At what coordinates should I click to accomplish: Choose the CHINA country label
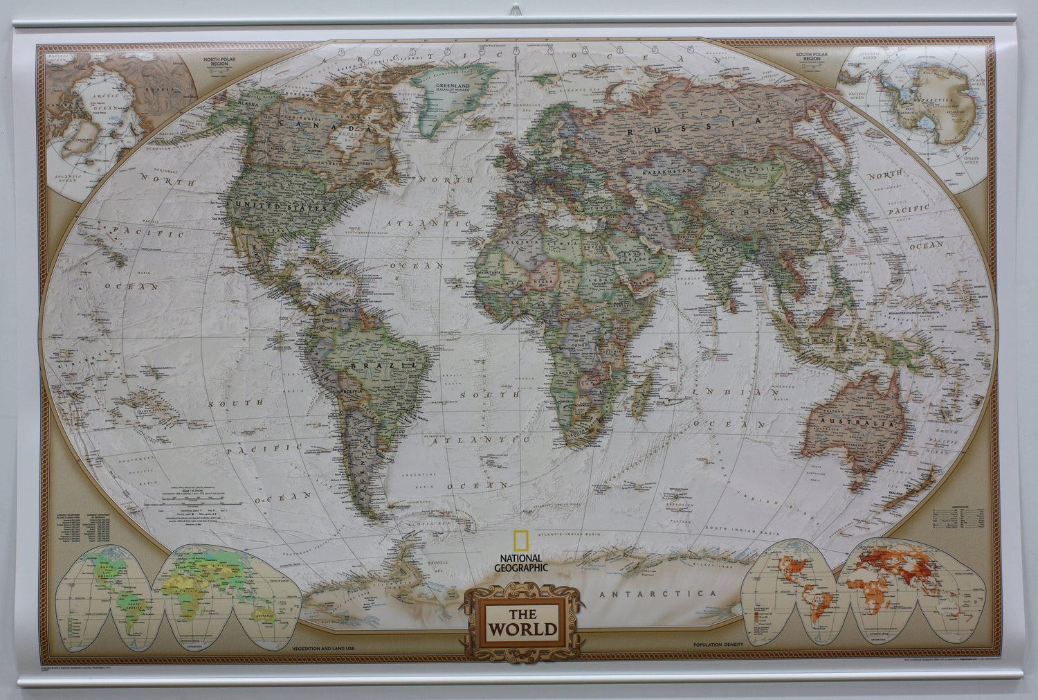click(x=765, y=208)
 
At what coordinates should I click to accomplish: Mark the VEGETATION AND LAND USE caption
click(x=322, y=646)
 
